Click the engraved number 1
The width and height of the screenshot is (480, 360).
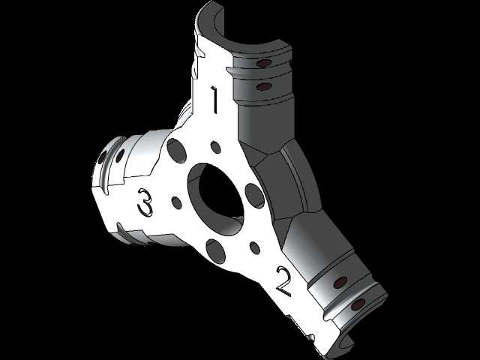click(214, 100)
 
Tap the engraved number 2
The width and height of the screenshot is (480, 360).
click(284, 281)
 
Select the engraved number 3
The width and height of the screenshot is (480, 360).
click(145, 202)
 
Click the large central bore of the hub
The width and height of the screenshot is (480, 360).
click(216, 199)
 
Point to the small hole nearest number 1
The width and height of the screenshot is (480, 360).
click(216, 148)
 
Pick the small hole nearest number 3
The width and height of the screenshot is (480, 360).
click(177, 203)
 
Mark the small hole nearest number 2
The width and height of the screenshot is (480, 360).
click(255, 247)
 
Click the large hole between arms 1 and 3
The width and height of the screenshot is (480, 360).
click(177, 151)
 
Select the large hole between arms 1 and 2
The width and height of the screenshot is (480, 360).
click(255, 196)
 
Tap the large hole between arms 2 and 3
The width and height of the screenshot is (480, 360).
click(216, 251)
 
